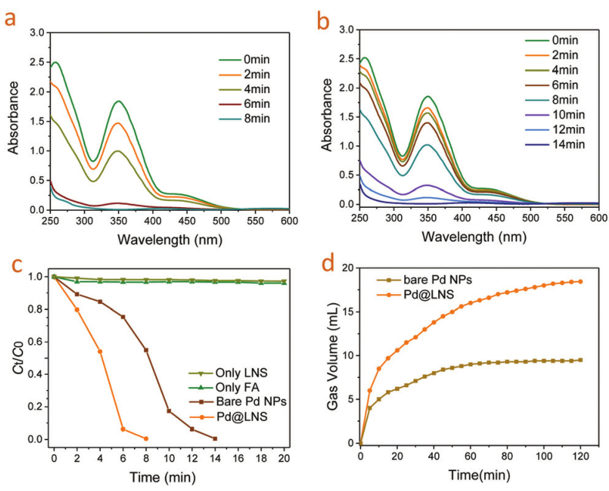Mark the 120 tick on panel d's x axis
point(580,457)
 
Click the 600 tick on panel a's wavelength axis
point(289,220)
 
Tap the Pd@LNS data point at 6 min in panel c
point(123,429)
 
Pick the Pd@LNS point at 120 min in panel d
point(580,282)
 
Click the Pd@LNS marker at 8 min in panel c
point(146,439)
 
